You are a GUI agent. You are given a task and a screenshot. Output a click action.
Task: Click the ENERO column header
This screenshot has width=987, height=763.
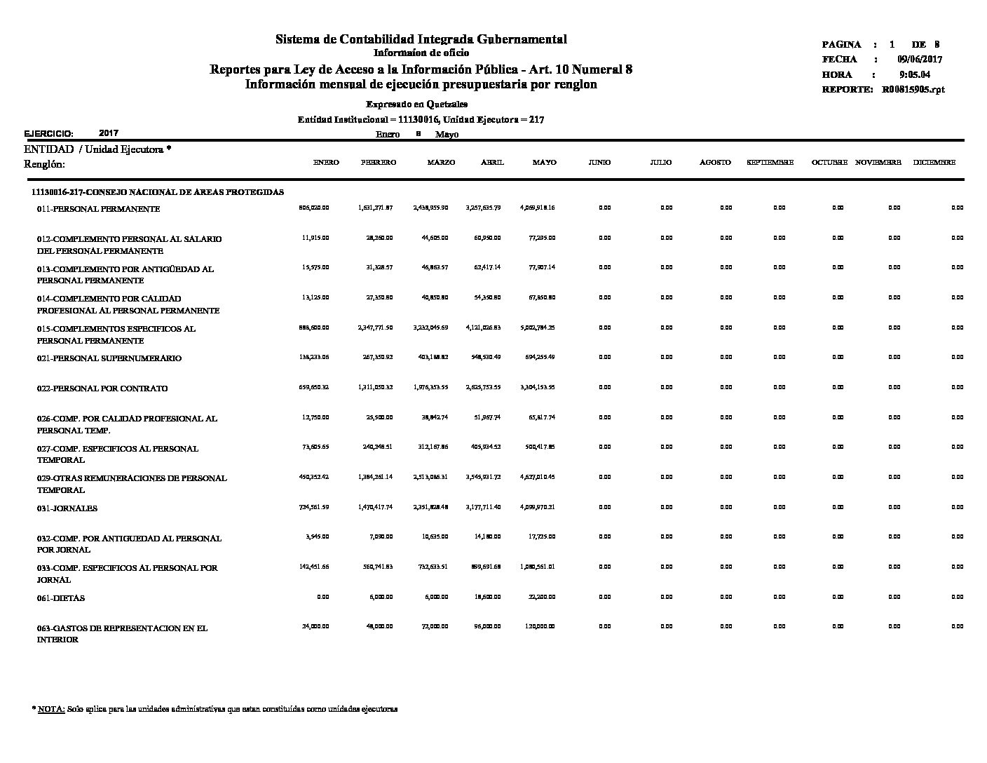pos(326,163)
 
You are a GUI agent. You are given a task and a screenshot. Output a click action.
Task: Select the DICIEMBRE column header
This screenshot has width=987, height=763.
pos(934,163)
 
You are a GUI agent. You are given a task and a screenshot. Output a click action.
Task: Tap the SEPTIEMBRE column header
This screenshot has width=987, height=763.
pos(770,163)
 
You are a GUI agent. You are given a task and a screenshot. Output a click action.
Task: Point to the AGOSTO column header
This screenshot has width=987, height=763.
pos(715,163)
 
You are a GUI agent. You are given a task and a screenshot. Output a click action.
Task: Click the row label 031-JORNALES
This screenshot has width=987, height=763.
pos(67,508)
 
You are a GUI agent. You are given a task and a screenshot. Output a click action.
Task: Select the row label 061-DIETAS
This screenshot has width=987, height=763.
pos(61,598)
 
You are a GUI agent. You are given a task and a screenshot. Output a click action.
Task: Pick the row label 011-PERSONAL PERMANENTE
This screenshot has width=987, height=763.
pos(98,209)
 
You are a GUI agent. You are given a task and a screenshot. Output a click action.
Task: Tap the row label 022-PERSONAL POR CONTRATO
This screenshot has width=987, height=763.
pos(102,389)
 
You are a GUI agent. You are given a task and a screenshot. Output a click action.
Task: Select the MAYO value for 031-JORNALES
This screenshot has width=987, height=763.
pos(538,507)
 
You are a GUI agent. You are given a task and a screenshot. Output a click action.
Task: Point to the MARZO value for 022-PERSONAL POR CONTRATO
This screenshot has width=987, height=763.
pos(430,387)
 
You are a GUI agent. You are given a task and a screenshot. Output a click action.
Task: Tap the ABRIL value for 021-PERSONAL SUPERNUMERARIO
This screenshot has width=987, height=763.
pos(483,357)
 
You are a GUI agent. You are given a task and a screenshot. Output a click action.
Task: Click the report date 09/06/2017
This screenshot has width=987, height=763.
pos(919,60)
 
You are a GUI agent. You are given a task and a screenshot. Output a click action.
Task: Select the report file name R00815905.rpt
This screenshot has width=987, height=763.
pos(913,90)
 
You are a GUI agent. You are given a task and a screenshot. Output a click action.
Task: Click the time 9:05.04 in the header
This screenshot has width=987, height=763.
pos(915,74)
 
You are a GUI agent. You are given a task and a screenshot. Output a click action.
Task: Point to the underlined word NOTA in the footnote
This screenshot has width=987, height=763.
pos(51,709)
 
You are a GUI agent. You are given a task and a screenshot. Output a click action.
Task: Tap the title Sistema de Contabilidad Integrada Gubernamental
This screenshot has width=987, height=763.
pos(421,39)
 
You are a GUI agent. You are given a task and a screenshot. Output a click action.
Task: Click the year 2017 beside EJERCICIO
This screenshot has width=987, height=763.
pos(109,133)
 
